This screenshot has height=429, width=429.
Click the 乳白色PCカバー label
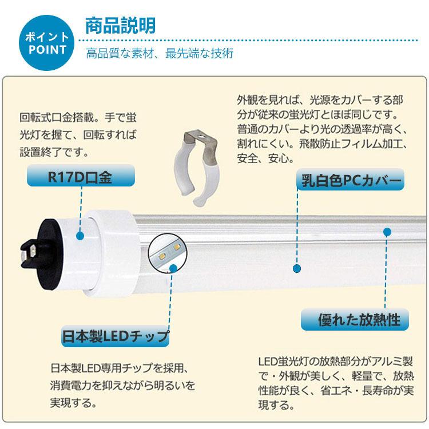tap(349, 181)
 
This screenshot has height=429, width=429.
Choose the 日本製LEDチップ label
tap(116, 336)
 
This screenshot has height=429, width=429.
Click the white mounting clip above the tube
tap(197, 169)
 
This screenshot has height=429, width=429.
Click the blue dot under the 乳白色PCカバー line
tap(296, 268)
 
